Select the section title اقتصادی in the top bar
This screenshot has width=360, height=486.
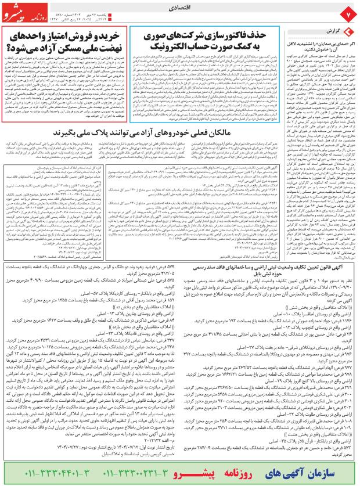pyautogui.click(x=177, y=10)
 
